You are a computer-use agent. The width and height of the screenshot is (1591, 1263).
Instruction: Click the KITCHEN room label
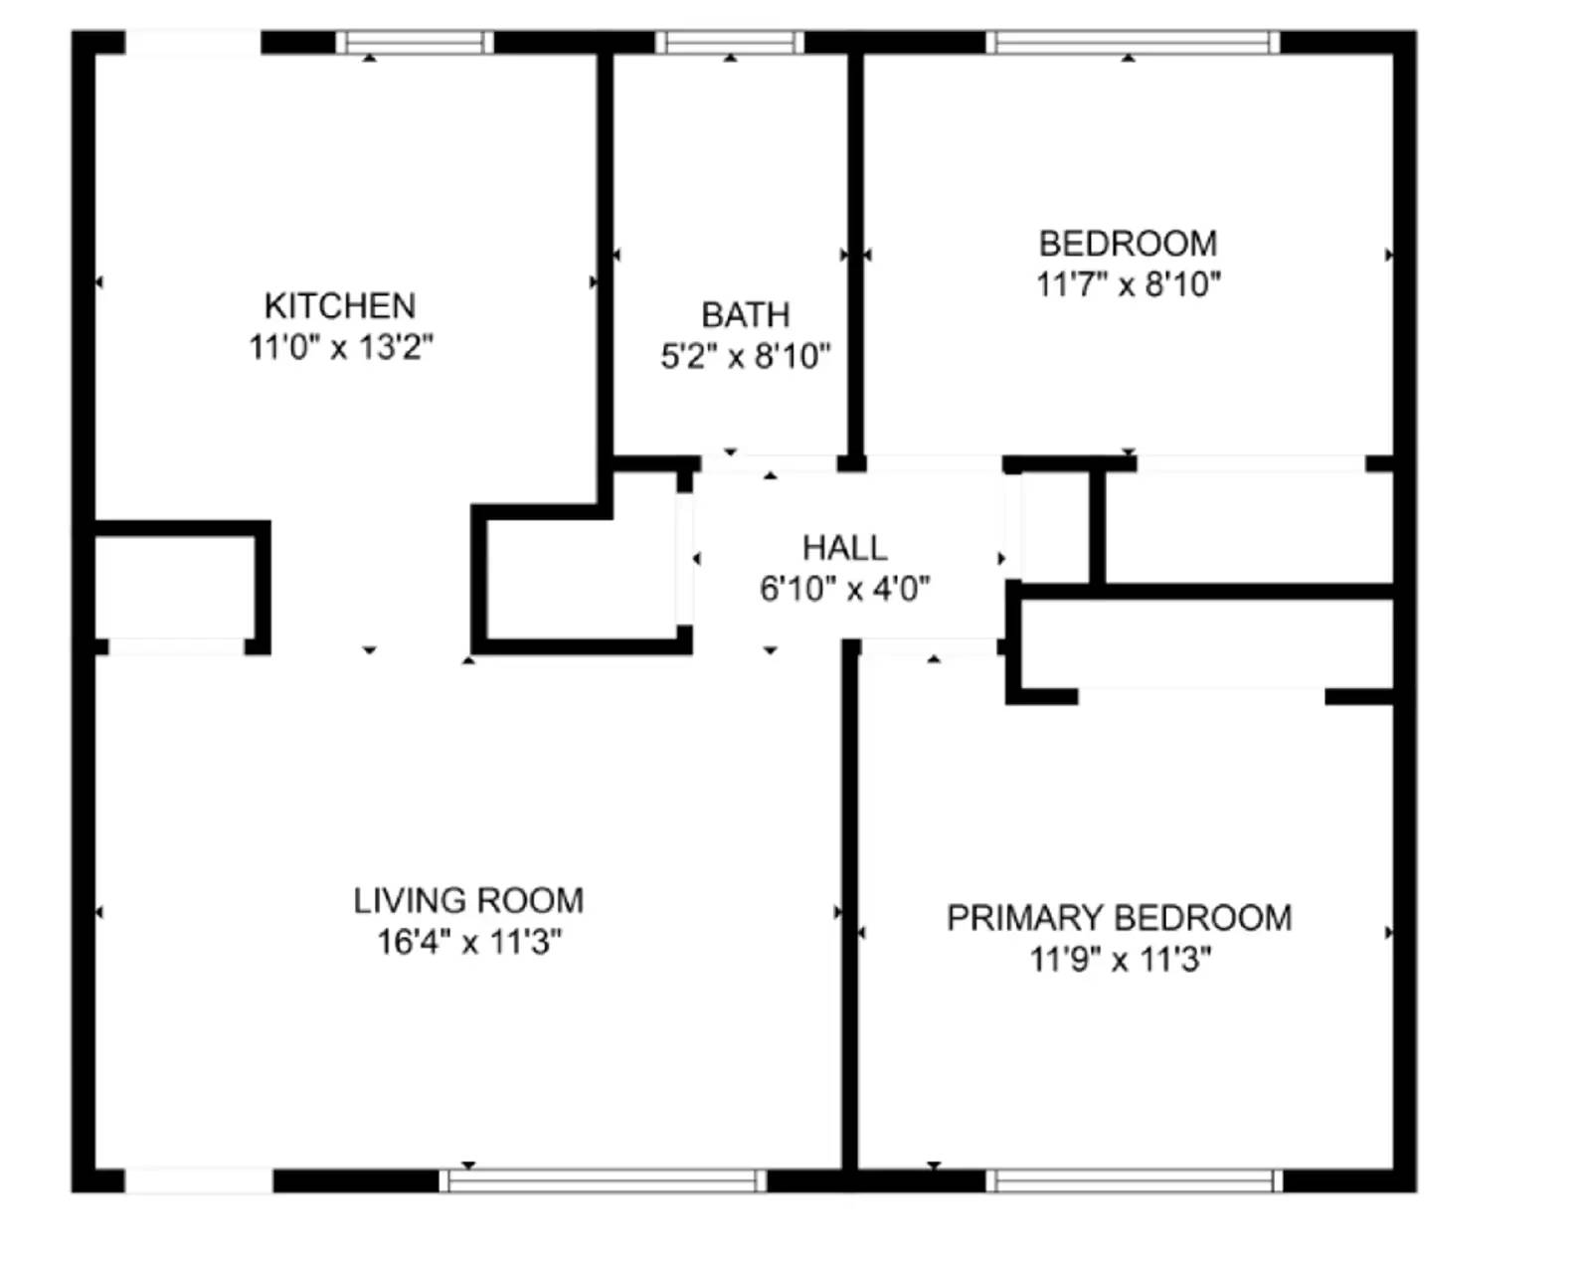coord(339,305)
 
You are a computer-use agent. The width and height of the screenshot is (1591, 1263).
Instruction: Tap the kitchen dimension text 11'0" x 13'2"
coord(340,347)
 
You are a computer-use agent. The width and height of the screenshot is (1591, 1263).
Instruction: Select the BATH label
coord(745,315)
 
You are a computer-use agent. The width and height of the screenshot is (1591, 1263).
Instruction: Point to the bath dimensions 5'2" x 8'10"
coord(745,356)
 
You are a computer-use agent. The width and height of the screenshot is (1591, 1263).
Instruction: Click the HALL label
coord(844,548)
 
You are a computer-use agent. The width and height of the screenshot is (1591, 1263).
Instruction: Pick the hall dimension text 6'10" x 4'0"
coord(844,589)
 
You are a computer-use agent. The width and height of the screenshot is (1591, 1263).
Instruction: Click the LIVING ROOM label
coord(468,901)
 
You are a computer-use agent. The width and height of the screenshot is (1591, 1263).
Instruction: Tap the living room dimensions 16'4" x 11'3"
coord(468,942)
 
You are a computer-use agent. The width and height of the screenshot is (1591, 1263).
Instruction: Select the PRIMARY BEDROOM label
coord(1119,918)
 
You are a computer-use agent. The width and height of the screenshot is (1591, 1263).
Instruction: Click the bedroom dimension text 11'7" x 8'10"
coord(1128,284)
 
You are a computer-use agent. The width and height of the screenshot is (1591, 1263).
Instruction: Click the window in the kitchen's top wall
coord(414,43)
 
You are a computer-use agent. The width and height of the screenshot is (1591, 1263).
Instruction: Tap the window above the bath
coord(730,43)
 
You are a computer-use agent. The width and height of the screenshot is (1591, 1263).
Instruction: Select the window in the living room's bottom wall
coord(603,1181)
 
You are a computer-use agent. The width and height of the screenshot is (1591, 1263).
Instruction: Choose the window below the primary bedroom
coord(1134,1181)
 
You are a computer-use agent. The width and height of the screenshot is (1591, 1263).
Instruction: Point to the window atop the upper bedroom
coord(1134,43)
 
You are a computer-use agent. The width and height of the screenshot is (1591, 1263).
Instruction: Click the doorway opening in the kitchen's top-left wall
coord(192,43)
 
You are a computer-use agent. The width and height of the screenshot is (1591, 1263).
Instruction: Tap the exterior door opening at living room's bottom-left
coord(198,1181)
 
